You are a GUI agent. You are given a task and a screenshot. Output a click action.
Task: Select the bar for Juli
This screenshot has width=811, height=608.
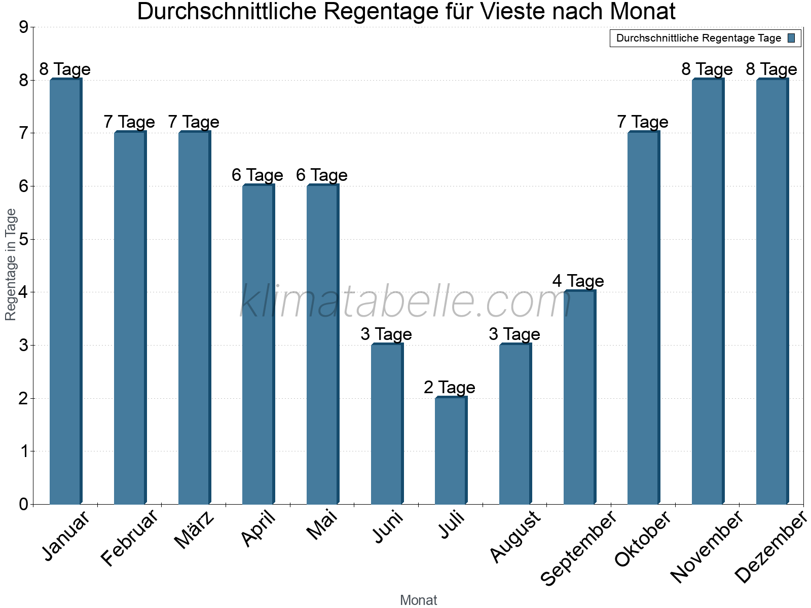451,450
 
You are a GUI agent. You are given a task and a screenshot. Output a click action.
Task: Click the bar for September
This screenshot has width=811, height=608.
579,397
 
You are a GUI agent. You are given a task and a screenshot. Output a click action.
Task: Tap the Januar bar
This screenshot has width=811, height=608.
65,291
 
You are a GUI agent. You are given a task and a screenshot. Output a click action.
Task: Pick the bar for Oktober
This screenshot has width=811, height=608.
643,318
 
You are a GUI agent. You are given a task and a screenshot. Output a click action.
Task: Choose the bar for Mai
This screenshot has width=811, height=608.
322,345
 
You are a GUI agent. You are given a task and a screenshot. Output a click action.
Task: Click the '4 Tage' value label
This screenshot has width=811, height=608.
578,281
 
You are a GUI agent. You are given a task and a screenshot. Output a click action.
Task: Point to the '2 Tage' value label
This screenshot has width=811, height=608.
450,388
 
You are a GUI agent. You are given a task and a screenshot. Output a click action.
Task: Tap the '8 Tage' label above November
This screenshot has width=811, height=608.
707,69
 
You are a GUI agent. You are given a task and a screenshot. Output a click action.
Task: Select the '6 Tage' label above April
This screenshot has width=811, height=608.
257,175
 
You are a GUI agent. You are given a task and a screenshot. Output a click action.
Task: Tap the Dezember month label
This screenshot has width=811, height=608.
770,547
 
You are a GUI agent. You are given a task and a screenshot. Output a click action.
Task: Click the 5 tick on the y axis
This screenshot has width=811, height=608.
24,239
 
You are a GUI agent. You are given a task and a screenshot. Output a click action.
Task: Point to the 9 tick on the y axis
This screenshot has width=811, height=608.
24,27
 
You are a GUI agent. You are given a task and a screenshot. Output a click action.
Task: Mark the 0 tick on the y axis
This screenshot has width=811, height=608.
24,504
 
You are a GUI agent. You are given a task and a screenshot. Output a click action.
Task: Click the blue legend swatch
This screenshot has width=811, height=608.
792,38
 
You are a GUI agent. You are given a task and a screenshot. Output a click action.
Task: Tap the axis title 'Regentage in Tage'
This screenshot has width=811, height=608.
11,264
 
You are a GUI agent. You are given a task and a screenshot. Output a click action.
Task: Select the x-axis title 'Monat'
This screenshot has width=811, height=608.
418,600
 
